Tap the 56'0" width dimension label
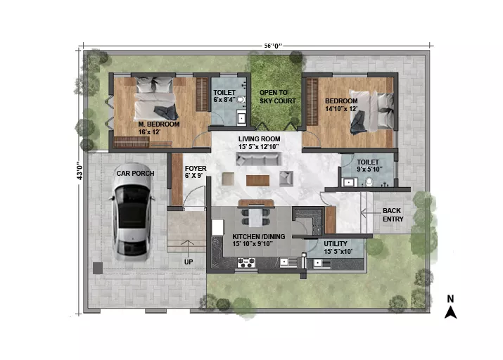tap(273, 46)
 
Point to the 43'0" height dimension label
tap(79, 171)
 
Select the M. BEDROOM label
tap(159, 124)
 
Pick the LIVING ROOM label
tap(259, 139)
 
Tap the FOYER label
tap(196, 169)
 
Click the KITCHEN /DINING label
tap(259, 236)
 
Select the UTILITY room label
tap(336, 244)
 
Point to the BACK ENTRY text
tap(393, 215)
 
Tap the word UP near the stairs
tap(189, 262)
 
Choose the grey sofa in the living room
tap(258, 159)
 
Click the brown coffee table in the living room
tap(257, 181)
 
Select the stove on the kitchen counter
tap(246, 263)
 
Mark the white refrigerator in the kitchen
tap(218, 227)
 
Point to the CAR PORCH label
tap(135, 174)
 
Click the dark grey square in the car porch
tap(98, 269)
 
